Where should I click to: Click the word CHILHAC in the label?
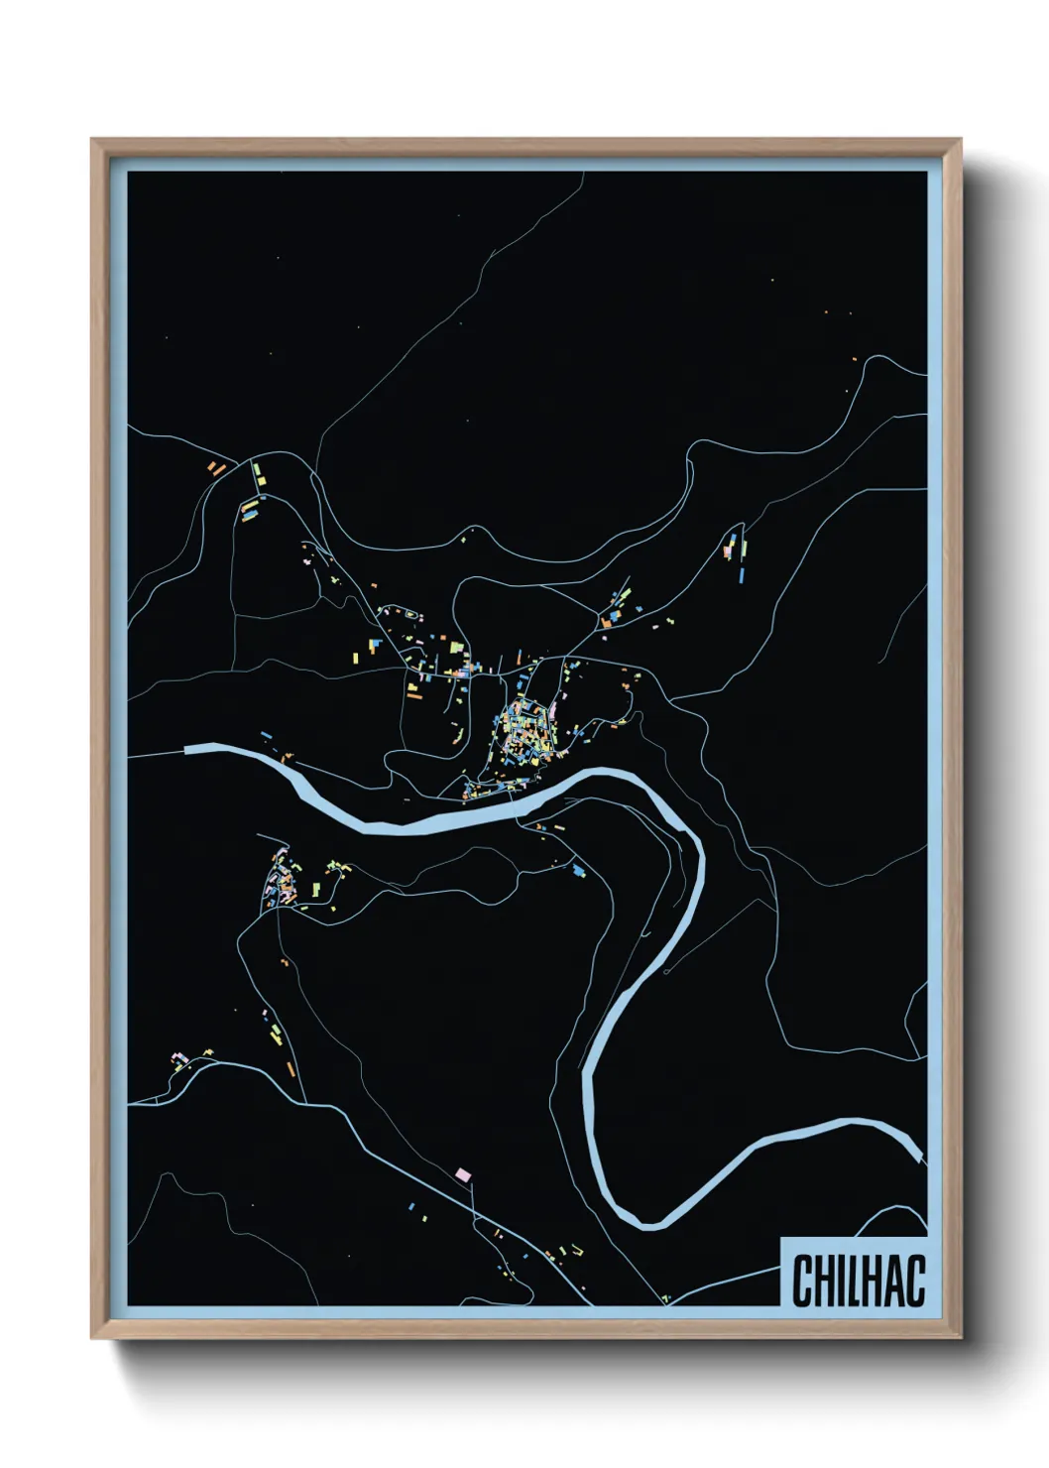click(859, 1281)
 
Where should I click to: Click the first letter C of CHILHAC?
click(801, 1281)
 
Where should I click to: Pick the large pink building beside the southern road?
click(461, 1174)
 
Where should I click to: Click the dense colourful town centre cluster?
click(524, 734)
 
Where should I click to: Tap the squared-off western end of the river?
click(188, 749)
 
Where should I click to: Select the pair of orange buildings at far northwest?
click(216, 466)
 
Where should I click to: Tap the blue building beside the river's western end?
click(266, 735)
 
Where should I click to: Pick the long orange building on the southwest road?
click(290, 1068)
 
